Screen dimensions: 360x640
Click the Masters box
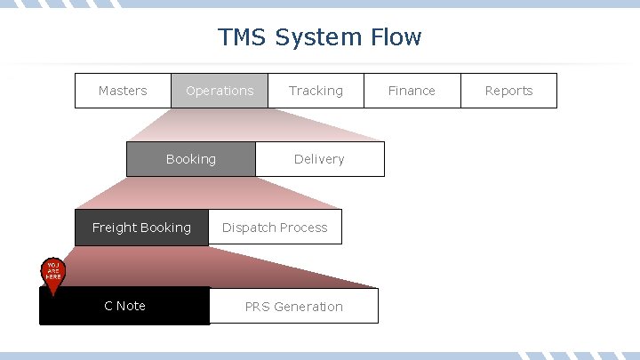pos(123,91)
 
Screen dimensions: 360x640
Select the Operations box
pos(220,91)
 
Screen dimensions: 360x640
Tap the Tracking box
pos(316,91)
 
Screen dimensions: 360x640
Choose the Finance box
pos(412,91)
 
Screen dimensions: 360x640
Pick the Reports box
pos(508,91)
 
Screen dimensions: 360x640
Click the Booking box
pos(190,159)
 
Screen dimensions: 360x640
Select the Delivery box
pos(319,159)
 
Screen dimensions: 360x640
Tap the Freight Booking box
pos(141,228)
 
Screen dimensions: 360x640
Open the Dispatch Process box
pos(275,228)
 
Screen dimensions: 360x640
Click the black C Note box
pos(124,306)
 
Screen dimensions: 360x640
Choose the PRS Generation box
pos(293,307)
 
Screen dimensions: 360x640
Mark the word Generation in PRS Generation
pos(308,307)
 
